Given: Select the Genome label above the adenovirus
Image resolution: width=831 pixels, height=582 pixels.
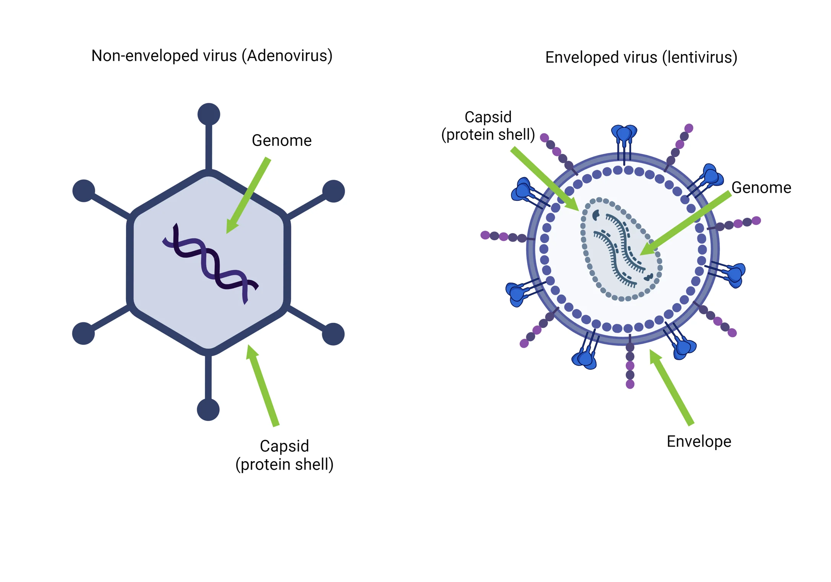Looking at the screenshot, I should point(282,141).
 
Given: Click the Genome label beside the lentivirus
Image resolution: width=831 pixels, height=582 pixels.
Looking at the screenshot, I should point(761,188).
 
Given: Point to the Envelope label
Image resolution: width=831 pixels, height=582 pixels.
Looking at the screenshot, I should point(699,442).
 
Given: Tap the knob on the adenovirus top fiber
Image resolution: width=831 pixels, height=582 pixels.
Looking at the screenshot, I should point(209,114).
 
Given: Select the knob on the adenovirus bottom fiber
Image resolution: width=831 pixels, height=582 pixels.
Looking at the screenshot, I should point(208,410).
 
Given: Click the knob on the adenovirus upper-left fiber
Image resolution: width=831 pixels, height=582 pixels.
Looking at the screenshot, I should point(84,190).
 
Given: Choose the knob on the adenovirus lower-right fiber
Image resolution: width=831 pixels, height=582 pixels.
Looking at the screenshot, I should point(333,334).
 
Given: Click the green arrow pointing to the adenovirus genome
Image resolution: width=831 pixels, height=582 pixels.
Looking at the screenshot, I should point(248,195).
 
